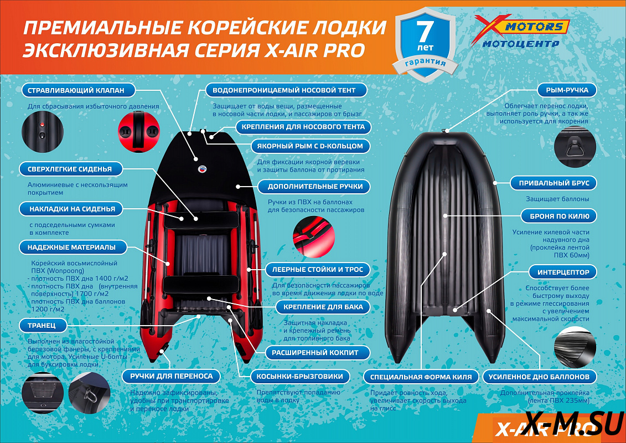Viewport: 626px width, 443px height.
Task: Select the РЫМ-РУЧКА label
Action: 567,90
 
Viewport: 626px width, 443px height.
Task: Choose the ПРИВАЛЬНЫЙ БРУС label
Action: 553,183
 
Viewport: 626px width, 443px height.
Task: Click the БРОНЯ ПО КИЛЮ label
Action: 558,216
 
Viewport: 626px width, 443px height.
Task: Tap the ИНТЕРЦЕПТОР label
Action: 563,272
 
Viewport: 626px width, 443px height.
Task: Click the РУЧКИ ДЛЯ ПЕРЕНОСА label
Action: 172,377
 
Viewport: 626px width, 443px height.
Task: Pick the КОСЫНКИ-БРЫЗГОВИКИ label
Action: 300,377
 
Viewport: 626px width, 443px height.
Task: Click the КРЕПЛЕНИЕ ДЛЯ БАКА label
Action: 323,307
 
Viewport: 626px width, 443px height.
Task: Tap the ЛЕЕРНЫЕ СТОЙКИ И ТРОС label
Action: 318,270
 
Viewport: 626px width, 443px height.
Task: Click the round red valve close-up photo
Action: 138,131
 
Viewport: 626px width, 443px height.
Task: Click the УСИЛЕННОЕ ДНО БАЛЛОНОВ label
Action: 539,377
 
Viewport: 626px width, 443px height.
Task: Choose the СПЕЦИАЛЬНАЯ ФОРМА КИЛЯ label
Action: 421,377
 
